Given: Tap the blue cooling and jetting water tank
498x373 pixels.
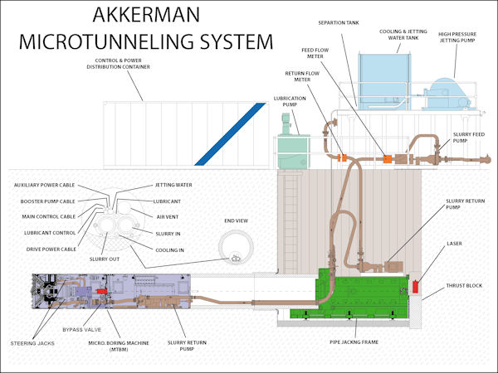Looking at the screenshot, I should (x=386, y=79).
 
